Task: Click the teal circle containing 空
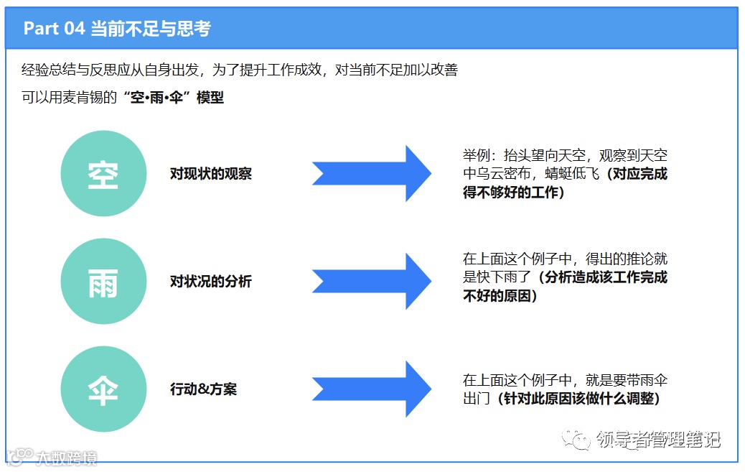point(103,174)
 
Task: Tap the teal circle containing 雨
point(103,282)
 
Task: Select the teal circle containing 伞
point(103,389)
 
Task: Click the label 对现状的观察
point(211,174)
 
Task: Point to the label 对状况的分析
point(211,282)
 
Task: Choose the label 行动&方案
point(203,389)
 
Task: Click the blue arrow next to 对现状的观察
point(371,174)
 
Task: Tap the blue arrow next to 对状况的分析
point(371,282)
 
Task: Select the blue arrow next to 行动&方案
point(371,389)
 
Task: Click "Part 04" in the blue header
point(54,29)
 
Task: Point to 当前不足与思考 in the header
point(150,29)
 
